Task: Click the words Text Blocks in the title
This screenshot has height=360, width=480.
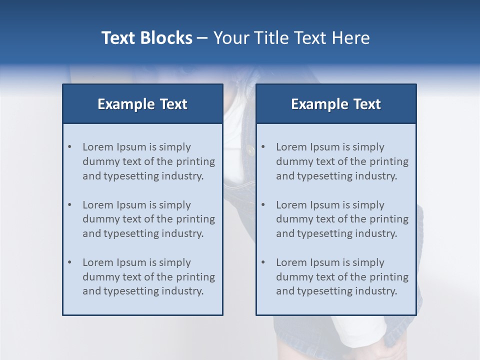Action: click(146, 38)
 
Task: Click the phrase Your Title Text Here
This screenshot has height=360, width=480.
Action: click(291, 38)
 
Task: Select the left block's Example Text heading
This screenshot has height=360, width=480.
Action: click(142, 104)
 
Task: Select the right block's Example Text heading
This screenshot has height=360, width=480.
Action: click(336, 104)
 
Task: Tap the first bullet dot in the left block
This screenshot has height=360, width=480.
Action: click(69, 147)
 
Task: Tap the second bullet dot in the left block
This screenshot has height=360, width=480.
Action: click(69, 205)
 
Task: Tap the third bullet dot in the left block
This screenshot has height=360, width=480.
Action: click(69, 262)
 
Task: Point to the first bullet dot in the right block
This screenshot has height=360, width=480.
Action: click(263, 147)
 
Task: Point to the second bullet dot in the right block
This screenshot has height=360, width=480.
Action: click(263, 205)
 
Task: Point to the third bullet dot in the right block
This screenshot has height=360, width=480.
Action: click(263, 262)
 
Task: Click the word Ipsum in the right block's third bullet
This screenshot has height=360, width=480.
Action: click(326, 262)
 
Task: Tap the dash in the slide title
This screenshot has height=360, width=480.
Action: click(202, 38)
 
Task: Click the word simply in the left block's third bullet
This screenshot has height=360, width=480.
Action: click(175, 262)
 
